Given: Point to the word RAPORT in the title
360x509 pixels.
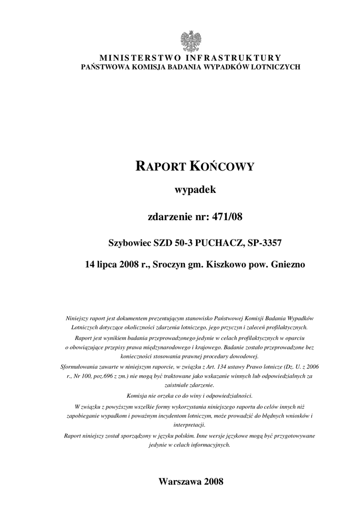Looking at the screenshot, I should (x=161, y=167).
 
